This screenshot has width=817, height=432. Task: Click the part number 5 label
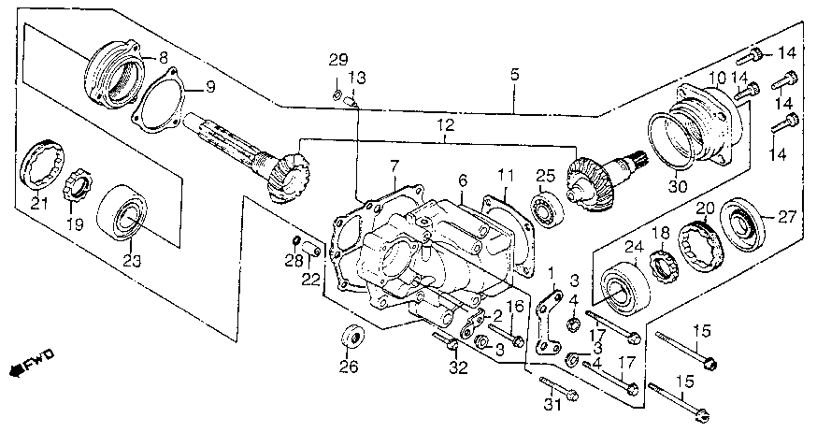coord(514,72)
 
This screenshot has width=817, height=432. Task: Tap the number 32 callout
coord(458,367)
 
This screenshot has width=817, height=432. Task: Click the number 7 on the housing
coord(394,165)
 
